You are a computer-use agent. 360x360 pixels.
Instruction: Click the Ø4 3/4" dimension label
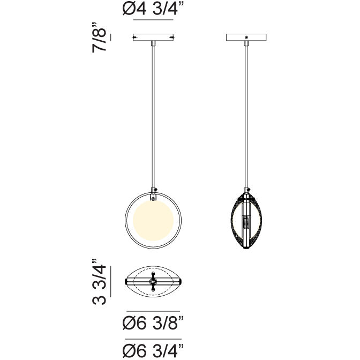(x=153, y=10)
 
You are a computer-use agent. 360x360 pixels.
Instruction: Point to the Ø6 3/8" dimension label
(x=153, y=323)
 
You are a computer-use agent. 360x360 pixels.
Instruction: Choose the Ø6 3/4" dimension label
(x=153, y=351)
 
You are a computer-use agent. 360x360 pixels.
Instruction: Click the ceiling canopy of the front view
(x=153, y=38)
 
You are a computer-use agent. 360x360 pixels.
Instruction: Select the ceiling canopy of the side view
(x=246, y=38)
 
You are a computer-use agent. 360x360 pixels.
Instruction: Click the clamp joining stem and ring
(x=154, y=190)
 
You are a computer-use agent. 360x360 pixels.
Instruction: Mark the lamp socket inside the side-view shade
(x=246, y=222)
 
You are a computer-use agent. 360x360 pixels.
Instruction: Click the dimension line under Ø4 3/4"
(x=153, y=20)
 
